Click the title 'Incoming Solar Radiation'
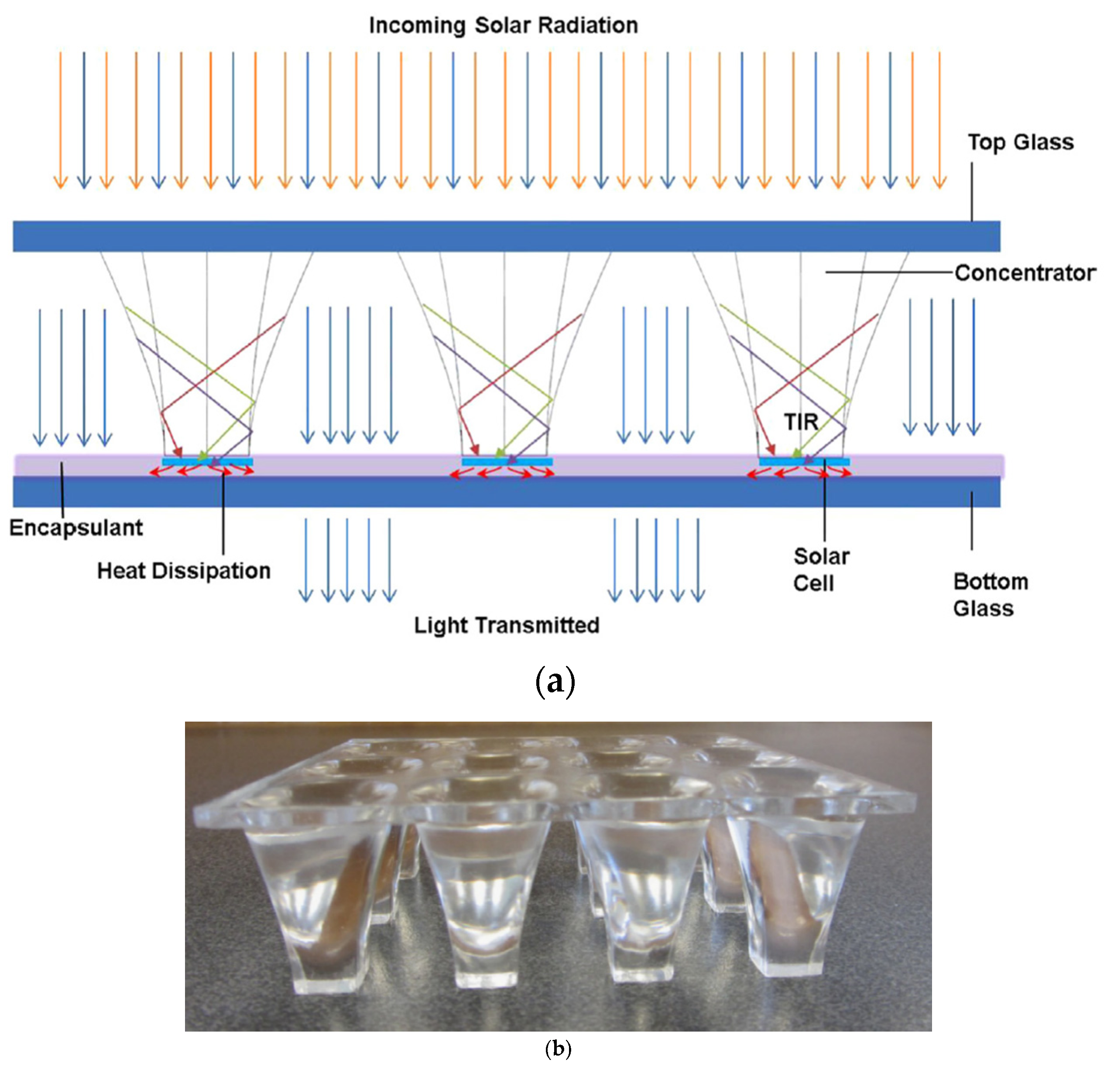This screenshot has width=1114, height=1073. coord(503,26)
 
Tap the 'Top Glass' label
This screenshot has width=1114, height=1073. coord(1021,142)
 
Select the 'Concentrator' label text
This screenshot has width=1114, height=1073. coord(1025,273)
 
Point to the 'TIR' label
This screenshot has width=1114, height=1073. coord(802,422)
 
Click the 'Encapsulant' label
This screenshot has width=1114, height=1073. coord(76,528)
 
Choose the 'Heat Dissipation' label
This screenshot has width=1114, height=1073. coord(184,571)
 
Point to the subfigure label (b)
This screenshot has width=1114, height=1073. coord(557,1049)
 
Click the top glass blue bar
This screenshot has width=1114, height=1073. coord(506,236)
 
